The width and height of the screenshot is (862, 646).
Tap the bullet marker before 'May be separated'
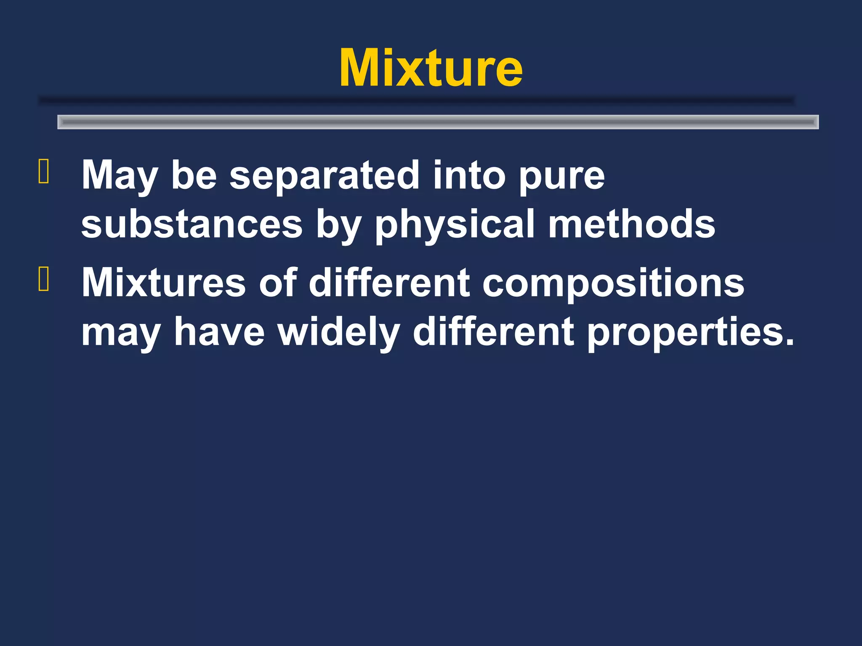[x=44, y=172]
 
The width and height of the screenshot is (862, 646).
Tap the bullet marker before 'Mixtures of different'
[x=44, y=279]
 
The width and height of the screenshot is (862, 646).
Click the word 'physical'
[x=455, y=224]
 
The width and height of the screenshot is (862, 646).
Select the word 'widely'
[x=338, y=332]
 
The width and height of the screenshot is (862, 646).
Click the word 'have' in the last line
[x=219, y=332]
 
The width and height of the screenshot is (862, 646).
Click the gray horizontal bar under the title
[x=438, y=122]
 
